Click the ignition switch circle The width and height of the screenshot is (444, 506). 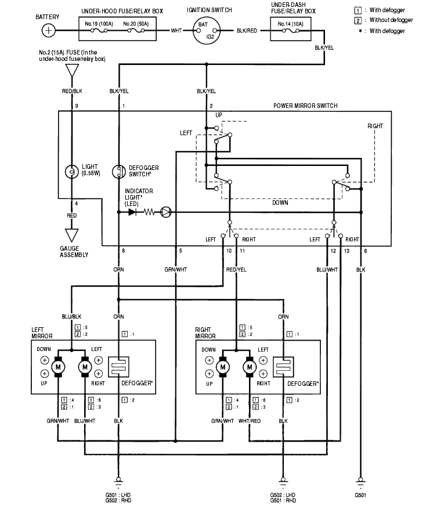coord(205,30)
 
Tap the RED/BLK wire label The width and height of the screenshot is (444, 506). coord(72,91)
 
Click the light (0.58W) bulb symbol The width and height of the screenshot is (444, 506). coord(72,172)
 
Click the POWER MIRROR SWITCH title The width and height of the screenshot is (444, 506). coord(305,106)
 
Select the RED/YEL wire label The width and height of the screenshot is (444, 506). coord(236,270)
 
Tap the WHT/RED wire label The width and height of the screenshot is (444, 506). coord(250,421)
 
